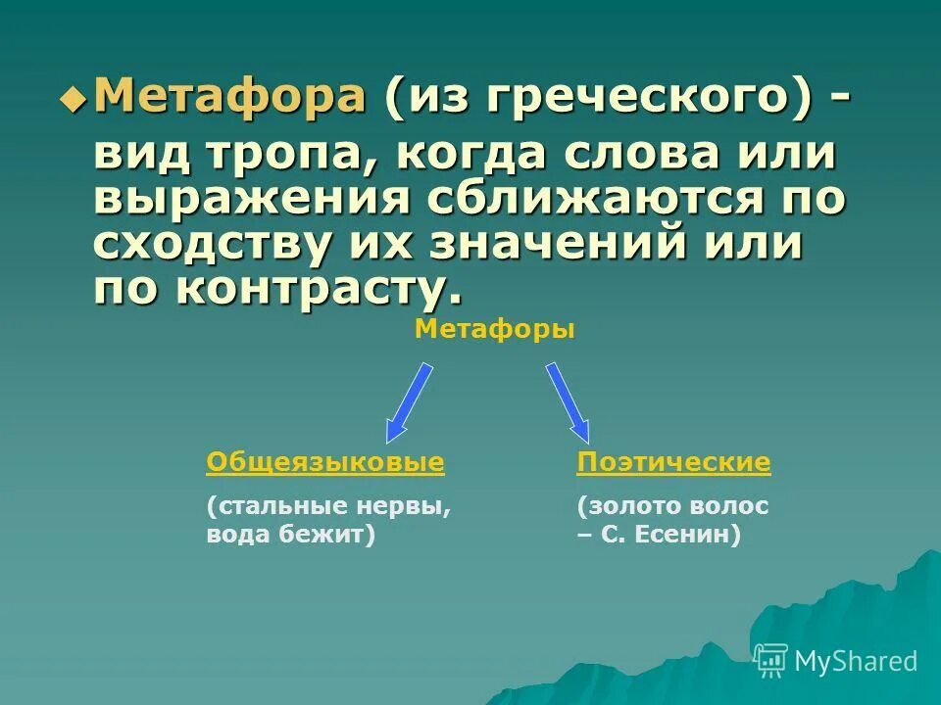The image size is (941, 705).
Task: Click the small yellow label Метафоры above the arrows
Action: coord(495,329)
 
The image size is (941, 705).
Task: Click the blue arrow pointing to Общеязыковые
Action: coord(409,402)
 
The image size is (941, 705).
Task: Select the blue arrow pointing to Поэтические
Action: coord(568,402)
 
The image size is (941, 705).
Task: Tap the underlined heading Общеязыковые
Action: coord(325,462)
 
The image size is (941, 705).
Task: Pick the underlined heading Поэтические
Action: coord(673,462)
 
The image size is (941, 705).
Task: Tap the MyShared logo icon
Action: coord(770,660)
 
